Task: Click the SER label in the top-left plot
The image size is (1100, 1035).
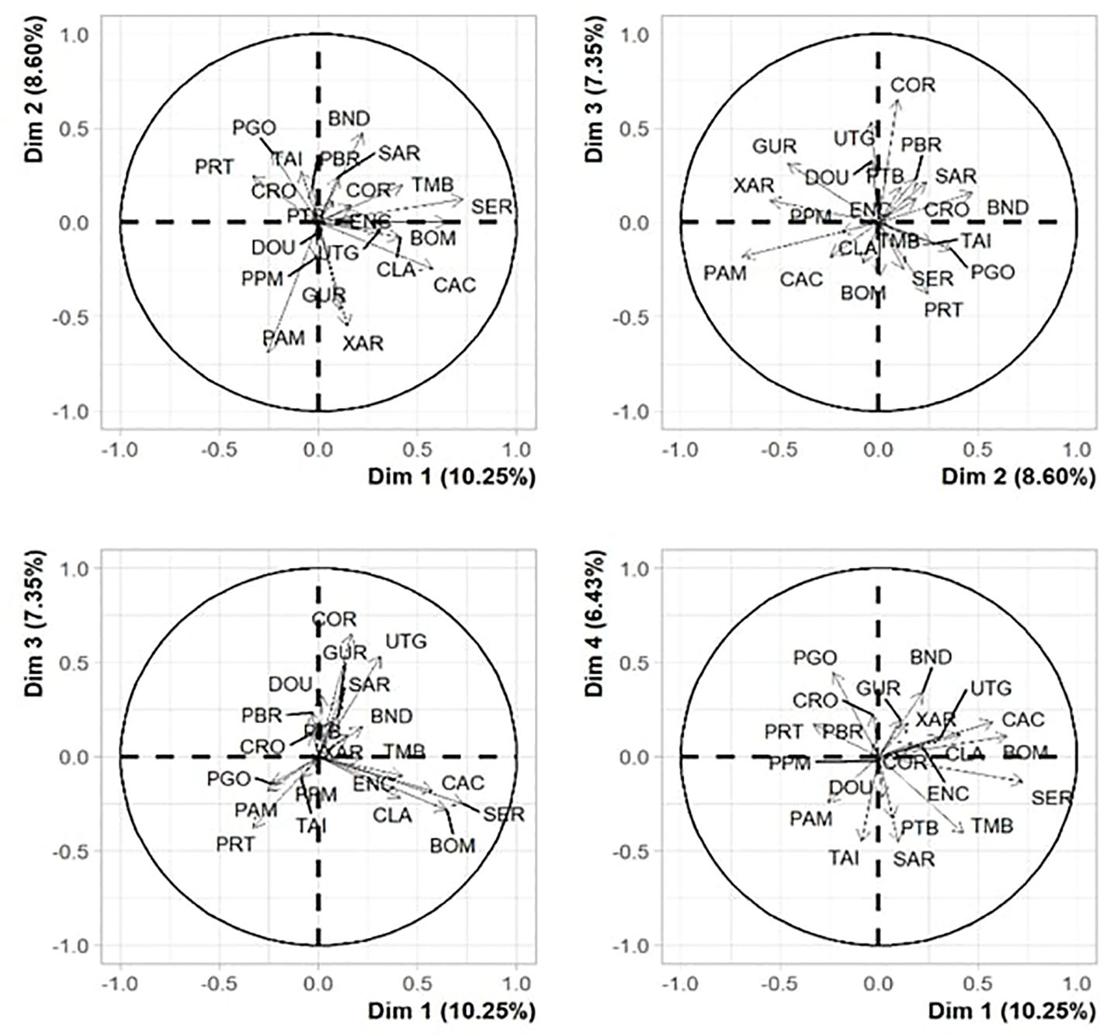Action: point(492,207)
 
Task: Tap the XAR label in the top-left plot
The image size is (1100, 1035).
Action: point(363,342)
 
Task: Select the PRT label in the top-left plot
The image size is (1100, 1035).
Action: point(214,167)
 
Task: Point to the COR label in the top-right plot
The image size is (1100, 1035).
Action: point(913,85)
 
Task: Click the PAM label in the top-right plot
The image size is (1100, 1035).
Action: point(725,273)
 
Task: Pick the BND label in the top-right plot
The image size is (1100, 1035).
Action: point(1008,208)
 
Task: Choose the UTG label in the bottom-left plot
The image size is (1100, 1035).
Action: point(406,642)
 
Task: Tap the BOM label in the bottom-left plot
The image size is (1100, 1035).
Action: point(453,845)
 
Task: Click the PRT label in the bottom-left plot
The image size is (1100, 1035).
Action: point(235,844)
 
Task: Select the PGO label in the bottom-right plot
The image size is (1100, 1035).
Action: point(815,658)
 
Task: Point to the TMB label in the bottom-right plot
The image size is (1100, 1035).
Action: point(992,826)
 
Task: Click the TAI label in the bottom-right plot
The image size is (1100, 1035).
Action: point(844,858)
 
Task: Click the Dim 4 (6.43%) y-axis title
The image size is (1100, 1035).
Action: point(595,624)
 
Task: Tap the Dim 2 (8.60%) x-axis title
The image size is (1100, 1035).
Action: point(1018,476)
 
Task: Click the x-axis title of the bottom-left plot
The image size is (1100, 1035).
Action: point(451,1011)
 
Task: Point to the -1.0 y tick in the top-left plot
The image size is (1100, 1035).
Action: point(71,411)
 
